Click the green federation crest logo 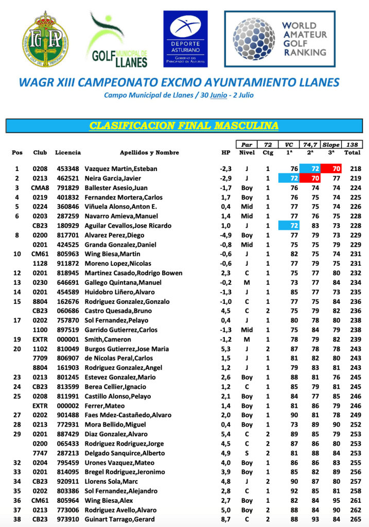point(44,41)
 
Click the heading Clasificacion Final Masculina point(184,126)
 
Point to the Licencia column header point(67,152)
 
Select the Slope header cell point(331,145)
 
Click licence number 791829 point(67,188)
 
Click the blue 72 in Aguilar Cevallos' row point(294,226)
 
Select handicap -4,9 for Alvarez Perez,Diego point(226,235)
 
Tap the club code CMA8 point(40,188)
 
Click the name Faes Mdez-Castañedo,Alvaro point(130,415)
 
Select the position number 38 point(17,519)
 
